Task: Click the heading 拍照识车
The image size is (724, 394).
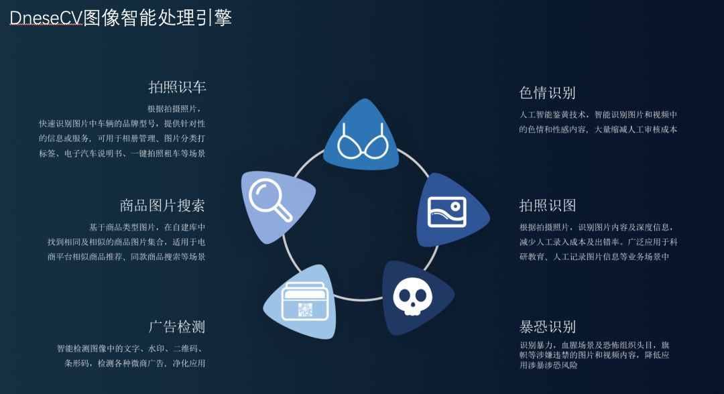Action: tap(177, 87)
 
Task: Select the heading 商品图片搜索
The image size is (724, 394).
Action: tap(162, 205)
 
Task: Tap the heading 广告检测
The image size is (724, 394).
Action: tap(177, 327)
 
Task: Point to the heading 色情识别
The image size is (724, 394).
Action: tap(547, 92)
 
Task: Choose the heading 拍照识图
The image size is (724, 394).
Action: tap(547, 205)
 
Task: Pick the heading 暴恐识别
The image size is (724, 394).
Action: tap(547, 327)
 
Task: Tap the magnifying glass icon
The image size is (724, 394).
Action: tap(270, 200)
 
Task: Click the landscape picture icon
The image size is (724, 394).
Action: tap(446, 212)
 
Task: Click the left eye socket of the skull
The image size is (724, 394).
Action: tap(405, 293)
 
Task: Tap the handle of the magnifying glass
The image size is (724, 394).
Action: tap(283, 212)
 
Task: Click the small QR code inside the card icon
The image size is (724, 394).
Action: tap(306, 310)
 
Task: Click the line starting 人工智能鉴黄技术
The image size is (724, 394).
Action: tap(598, 115)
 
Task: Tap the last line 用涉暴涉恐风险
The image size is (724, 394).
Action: tap(548, 366)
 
